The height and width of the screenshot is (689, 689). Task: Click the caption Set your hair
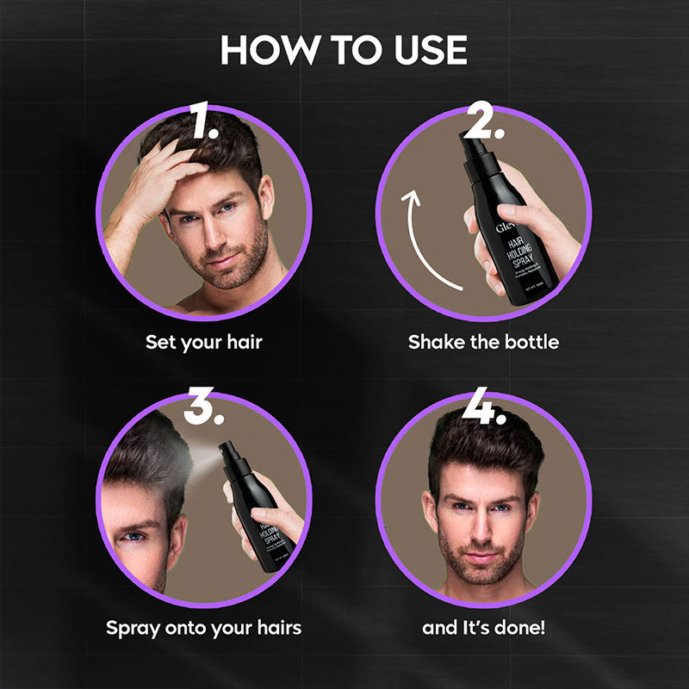click(x=204, y=342)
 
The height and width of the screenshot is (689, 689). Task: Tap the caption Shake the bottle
click(x=483, y=342)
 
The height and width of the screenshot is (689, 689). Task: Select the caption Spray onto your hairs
click(x=204, y=627)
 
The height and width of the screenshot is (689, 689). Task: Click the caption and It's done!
click(x=483, y=627)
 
